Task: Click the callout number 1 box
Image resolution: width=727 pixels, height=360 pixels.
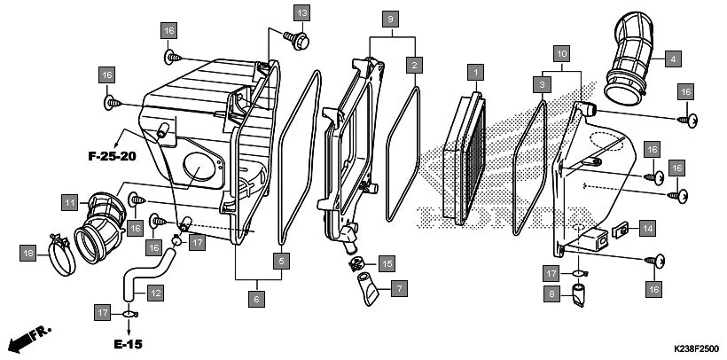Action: point(475,70)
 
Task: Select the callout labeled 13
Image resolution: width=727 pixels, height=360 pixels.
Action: point(302,12)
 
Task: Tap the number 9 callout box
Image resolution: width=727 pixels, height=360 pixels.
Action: point(390,18)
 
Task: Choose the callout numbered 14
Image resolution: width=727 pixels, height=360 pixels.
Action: point(648,229)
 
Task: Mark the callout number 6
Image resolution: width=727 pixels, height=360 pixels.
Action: point(257,301)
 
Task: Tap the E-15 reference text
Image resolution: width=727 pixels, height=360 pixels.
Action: point(126,342)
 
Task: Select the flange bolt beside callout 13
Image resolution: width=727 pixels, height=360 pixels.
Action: point(298,38)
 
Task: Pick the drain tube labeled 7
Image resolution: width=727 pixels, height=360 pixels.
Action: point(367,289)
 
